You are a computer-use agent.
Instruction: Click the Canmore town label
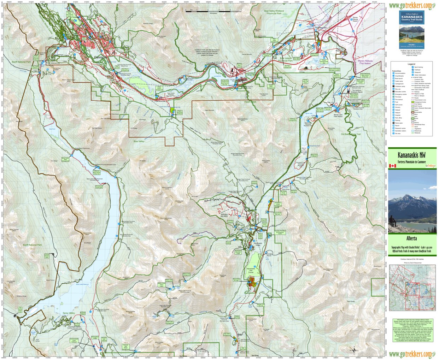click(x=100, y=57)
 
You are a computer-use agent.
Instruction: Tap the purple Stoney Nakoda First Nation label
click(x=365, y=62)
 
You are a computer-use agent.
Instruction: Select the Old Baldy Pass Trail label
click(x=351, y=134)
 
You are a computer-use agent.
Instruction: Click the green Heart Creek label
click(x=250, y=102)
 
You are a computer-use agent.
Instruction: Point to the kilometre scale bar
click(x=213, y=10)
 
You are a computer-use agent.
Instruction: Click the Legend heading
click(x=411, y=64)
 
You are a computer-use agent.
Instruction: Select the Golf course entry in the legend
click(x=398, y=105)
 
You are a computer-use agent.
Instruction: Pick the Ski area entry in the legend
click(x=398, y=134)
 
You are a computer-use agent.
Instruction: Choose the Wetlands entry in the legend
click(x=417, y=133)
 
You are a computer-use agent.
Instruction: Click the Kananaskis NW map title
click(x=411, y=155)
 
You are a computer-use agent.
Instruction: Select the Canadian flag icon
click(x=392, y=166)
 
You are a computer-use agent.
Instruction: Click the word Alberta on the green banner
click(x=411, y=238)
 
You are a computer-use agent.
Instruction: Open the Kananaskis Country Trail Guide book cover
click(x=411, y=30)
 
